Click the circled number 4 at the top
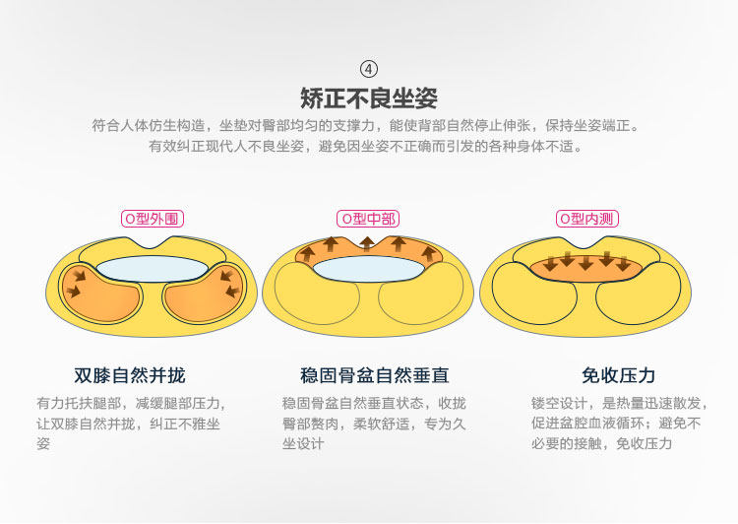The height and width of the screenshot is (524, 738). coord(369,69)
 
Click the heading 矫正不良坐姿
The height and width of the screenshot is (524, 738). coord(369,98)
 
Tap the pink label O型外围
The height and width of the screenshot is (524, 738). coord(153,219)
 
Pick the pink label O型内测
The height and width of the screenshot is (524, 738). coord(587,219)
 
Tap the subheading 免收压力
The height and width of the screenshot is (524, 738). coord(618,375)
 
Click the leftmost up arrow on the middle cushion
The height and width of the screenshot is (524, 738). coord(309,254)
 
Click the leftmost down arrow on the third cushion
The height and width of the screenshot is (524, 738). coord(549,264)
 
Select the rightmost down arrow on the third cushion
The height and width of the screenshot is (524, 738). coord(623,263)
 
